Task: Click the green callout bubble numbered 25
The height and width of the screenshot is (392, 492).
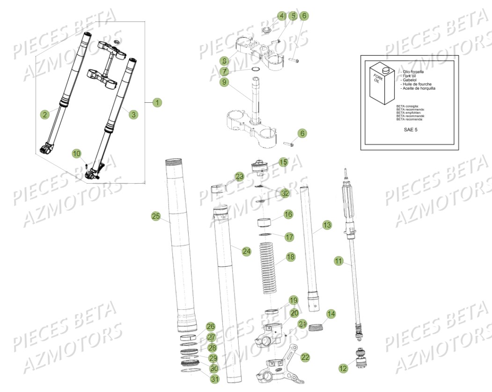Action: pos(156,216)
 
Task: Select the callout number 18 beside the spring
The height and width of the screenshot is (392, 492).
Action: pos(291,257)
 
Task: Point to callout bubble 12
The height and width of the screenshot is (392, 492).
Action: pos(343,368)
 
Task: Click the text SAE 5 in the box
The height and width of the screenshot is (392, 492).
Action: pos(410,129)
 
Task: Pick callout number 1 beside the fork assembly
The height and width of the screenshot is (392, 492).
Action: pos(157,102)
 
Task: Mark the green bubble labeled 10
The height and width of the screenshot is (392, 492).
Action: pos(77,153)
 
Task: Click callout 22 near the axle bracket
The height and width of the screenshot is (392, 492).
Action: pos(305,357)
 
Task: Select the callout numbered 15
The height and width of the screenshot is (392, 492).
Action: pos(283,162)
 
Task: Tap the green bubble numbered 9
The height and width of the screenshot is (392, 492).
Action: pos(225,82)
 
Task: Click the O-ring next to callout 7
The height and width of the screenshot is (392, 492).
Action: pos(256,71)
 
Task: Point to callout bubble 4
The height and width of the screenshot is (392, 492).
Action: pos(281,16)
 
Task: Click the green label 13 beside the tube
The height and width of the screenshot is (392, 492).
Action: pos(327,225)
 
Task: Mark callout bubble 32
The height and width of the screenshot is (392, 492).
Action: pos(285,192)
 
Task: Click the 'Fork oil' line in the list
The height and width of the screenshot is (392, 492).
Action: pos(411,76)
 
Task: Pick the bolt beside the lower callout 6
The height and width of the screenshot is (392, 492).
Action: pos(288,144)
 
